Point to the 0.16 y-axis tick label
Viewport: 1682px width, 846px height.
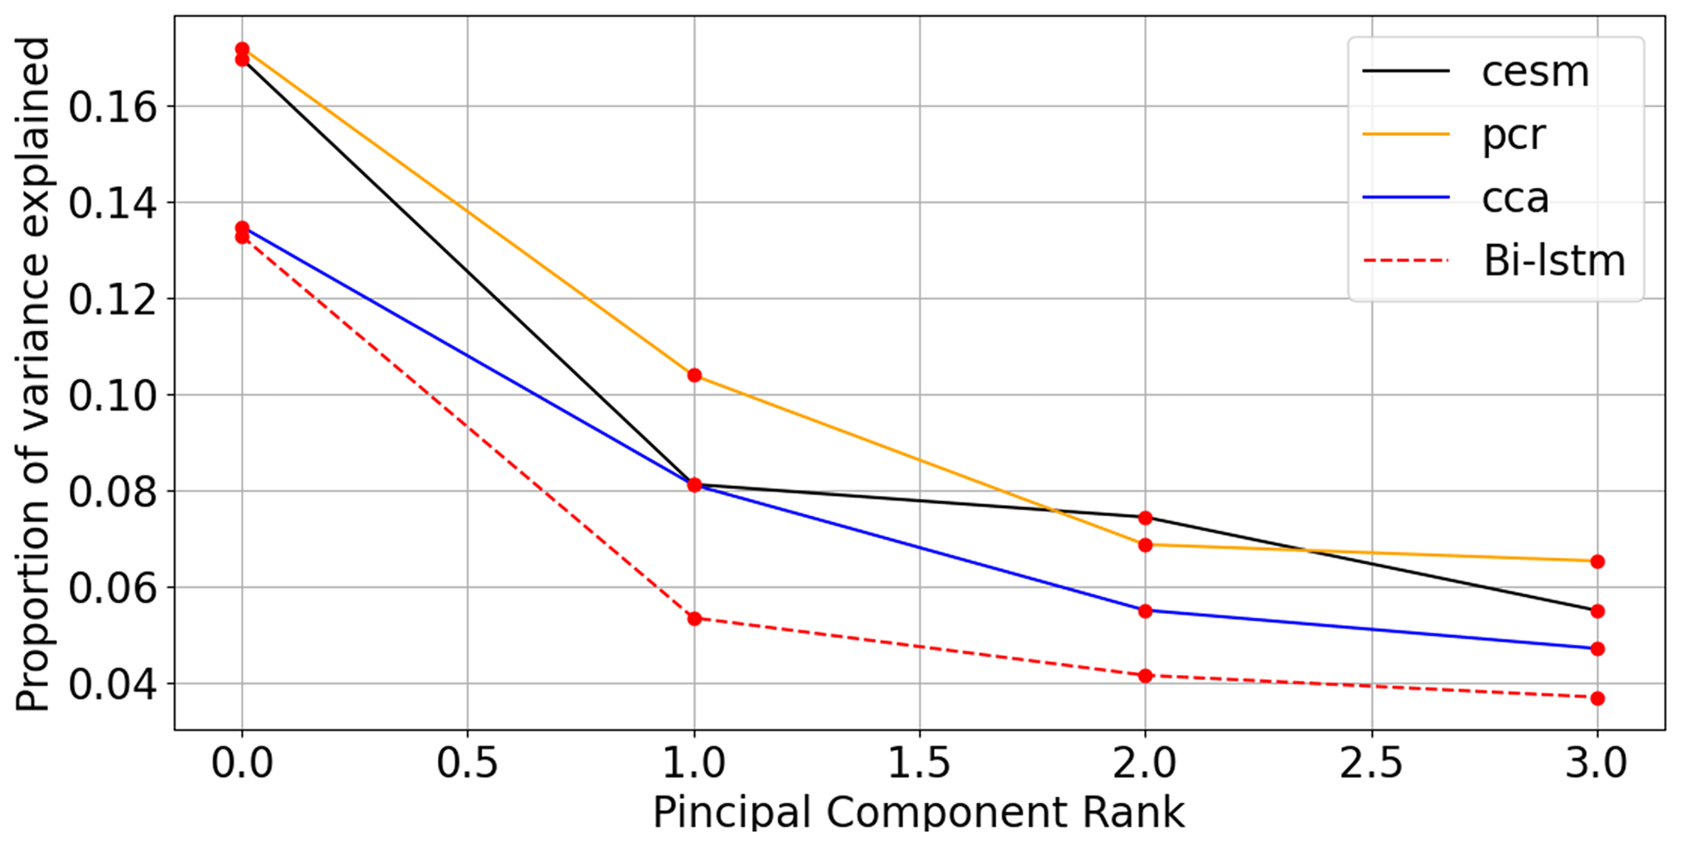tap(112, 107)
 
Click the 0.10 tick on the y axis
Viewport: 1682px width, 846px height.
tap(112, 396)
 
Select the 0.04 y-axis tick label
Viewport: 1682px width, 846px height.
tap(112, 684)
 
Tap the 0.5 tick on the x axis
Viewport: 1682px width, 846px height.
tap(467, 764)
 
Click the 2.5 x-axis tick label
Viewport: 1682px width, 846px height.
tap(1371, 764)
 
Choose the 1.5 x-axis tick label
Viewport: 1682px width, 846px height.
tap(920, 764)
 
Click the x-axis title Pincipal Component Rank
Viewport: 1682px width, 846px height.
tap(919, 813)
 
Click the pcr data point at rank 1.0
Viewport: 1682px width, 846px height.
tap(694, 375)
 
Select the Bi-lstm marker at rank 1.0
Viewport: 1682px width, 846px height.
tap(694, 619)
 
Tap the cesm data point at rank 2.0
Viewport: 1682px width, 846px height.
tap(1145, 518)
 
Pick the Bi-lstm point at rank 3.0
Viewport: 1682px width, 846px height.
tap(1597, 699)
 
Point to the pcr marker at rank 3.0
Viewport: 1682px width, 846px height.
tap(1597, 562)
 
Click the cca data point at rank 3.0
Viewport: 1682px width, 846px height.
tap(1597, 649)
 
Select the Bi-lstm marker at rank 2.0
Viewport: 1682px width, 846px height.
tap(1145, 676)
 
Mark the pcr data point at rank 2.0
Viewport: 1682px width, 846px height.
tap(1145, 545)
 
